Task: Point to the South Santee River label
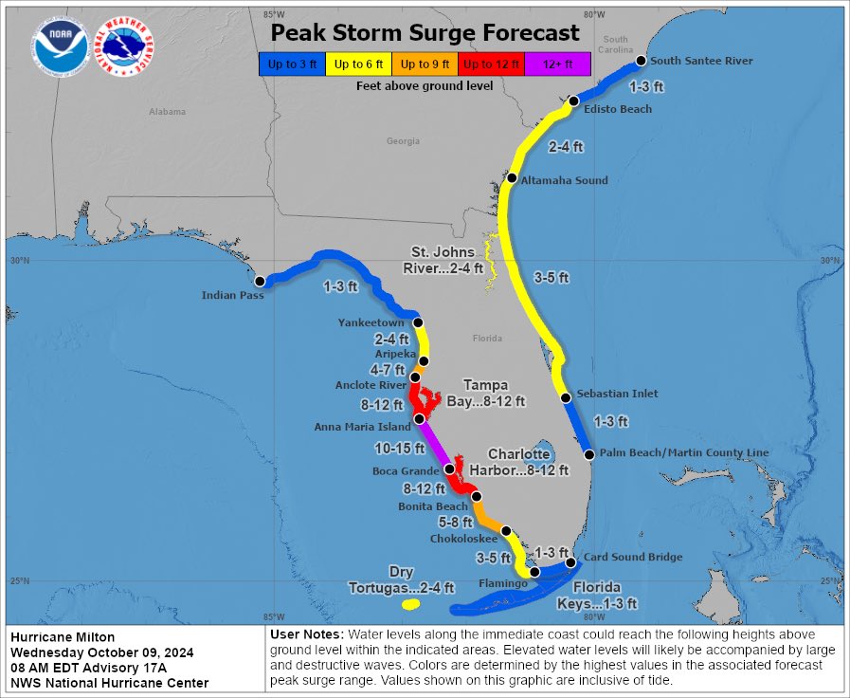pyautogui.click(x=701, y=61)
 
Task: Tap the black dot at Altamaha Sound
pyautogui.click(x=512, y=178)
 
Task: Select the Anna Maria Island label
pyautogui.click(x=364, y=427)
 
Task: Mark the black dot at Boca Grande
pyautogui.click(x=449, y=469)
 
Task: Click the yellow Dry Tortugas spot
pyautogui.click(x=410, y=604)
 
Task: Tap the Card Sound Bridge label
pyautogui.click(x=633, y=558)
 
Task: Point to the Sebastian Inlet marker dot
pyautogui.click(x=565, y=398)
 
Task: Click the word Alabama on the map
pyautogui.click(x=167, y=112)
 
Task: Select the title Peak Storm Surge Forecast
pyautogui.click(x=425, y=34)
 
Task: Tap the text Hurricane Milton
pyautogui.click(x=57, y=636)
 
